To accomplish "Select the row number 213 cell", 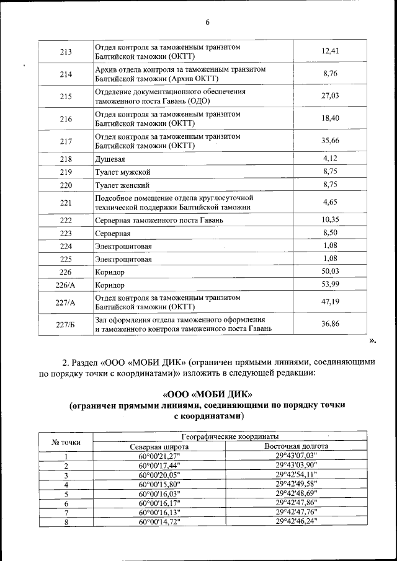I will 66,51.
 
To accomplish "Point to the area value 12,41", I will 330,51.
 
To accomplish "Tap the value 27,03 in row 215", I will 330,96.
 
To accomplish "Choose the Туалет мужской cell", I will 123,172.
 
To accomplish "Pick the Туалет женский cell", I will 122,185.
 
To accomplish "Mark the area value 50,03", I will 330,272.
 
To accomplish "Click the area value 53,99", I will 330,285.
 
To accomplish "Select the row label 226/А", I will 66,285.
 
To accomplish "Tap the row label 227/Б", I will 66,324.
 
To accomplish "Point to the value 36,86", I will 330,324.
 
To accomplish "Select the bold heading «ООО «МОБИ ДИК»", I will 207,394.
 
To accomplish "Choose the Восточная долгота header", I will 296,446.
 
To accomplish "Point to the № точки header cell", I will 66,441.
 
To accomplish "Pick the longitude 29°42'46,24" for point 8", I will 296,522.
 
